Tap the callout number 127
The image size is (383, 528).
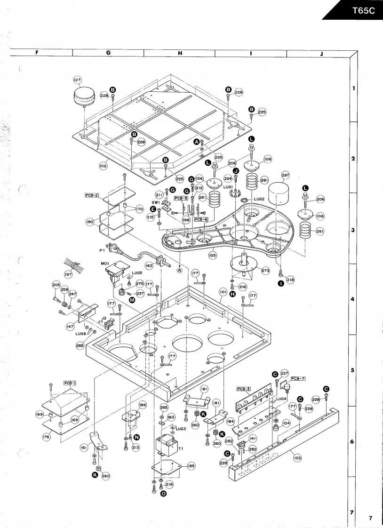click(x=77, y=80)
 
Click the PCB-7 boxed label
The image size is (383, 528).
click(x=298, y=378)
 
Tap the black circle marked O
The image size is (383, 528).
click(x=163, y=494)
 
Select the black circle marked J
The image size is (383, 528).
click(x=236, y=170)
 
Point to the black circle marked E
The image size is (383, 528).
click(x=153, y=209)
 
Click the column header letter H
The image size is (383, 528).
click(x=180, y=53)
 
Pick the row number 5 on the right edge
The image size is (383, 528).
click(x=352, y=370)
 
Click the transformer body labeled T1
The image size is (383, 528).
click(x=166, y=444)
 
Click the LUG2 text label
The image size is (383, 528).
click(x=259, y=199)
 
